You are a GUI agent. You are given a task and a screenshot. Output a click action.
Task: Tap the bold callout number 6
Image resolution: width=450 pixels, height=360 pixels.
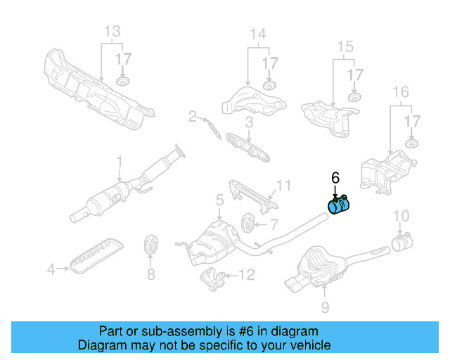click(335, 178)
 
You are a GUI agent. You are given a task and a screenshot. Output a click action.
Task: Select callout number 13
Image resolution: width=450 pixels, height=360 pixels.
click(112, 31)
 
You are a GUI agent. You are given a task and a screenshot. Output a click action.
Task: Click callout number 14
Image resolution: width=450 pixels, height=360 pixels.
click(258, 34)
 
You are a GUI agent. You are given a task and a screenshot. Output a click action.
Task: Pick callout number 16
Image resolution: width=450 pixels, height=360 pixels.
click(400, 91)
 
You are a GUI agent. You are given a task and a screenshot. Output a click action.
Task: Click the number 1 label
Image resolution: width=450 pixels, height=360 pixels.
click(120, 160)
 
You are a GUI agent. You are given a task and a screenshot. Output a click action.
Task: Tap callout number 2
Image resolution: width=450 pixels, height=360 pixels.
click(192, 117)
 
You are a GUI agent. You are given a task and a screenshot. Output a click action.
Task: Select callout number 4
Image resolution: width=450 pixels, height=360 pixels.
click(51, 268)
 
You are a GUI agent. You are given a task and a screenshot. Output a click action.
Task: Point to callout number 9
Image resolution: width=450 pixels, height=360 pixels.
click(324, 307)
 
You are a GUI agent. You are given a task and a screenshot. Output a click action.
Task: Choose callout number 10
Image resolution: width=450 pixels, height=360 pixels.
click(400, 215)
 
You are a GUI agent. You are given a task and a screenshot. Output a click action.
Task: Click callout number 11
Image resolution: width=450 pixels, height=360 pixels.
click(283, 186)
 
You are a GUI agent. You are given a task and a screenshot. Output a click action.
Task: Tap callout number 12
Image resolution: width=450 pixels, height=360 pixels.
click(247, 275)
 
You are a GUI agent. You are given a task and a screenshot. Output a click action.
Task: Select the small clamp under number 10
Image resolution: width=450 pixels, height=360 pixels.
click(401, 244)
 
